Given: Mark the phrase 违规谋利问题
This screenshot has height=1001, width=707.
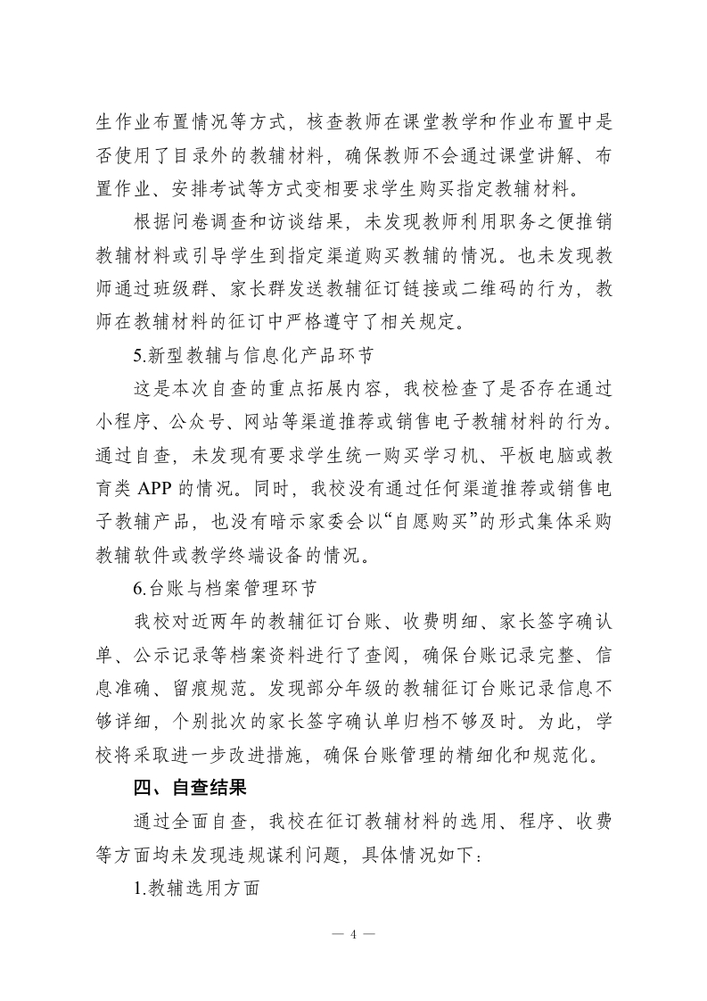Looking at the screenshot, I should coord(276,856).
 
